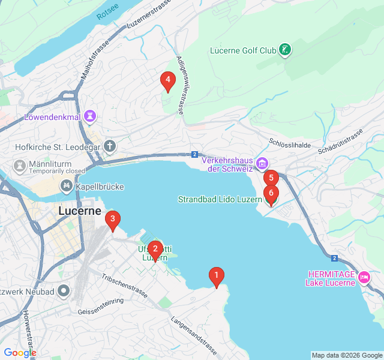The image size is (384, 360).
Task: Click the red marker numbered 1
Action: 216,276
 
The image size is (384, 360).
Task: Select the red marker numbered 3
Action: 112,220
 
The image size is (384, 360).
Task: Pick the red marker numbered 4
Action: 167,79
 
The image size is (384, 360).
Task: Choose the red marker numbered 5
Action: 271,178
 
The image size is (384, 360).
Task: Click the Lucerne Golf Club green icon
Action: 286,50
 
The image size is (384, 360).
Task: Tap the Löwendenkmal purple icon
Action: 90,115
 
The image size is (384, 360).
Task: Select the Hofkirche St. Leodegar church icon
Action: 109,145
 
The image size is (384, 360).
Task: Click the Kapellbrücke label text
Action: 100,187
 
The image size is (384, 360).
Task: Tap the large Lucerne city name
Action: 80,211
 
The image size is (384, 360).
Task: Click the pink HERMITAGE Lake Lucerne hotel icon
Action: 364,278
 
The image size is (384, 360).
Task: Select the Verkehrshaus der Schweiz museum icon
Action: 262,163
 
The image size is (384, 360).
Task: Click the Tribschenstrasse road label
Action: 125,287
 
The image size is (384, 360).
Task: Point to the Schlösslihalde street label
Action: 290,143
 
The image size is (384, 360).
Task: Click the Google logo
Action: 20,353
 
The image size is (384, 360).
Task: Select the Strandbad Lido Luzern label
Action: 220,199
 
